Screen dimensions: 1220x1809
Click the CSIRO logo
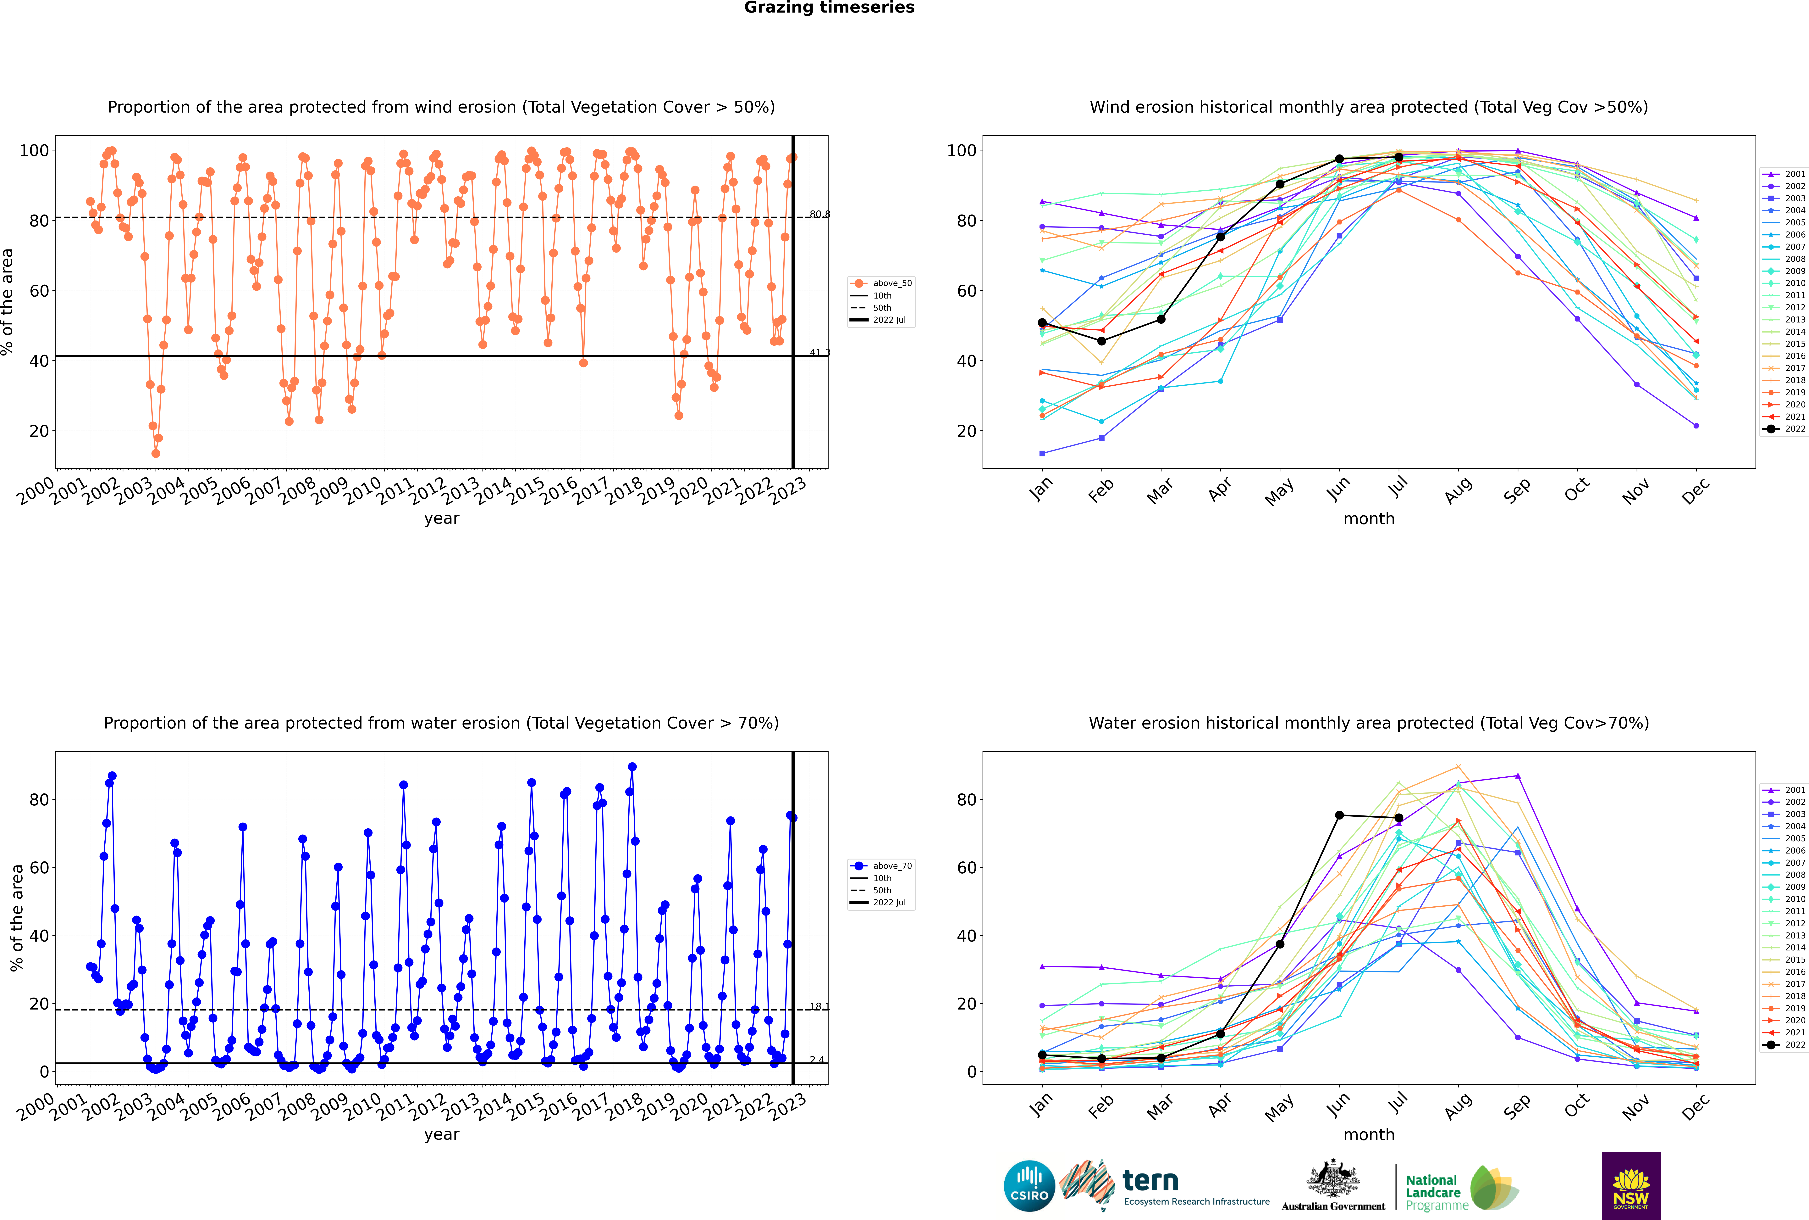(1029, 1186)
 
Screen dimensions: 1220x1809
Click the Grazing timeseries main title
(829, 8)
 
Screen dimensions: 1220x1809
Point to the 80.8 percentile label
(820, 214)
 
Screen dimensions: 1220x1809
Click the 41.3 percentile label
(820, 352)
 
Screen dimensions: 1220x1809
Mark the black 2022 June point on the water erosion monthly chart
(1339, 815)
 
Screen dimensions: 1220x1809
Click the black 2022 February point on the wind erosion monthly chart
(1101, 341)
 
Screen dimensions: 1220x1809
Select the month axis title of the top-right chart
(1369, 519)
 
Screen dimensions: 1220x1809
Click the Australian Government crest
(1333, 1178)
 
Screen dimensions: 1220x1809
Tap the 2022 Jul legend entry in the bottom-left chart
(889, 903)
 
